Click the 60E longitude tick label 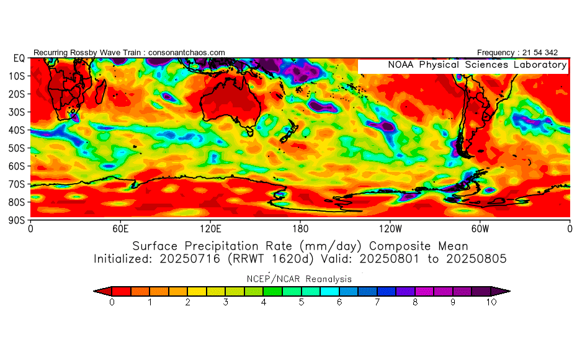pos(120,229)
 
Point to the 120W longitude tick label pos(390,229)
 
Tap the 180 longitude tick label pos(300,229)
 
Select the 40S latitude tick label pos(17,130)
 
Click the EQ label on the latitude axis pos(19,58)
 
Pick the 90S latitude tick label pos(17,220)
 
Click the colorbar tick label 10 pos(491,302)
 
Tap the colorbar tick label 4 pos(264,302)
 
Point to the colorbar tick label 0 pos(112,302)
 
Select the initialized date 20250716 pos(190,259)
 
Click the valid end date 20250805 pos(476,259)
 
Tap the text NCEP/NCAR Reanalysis pos(299,279)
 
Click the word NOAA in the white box pos(401,65)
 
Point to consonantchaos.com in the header pos(187,53)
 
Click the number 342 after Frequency pos(551,53)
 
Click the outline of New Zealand pos(289,132)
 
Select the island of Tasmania pos(249,131)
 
